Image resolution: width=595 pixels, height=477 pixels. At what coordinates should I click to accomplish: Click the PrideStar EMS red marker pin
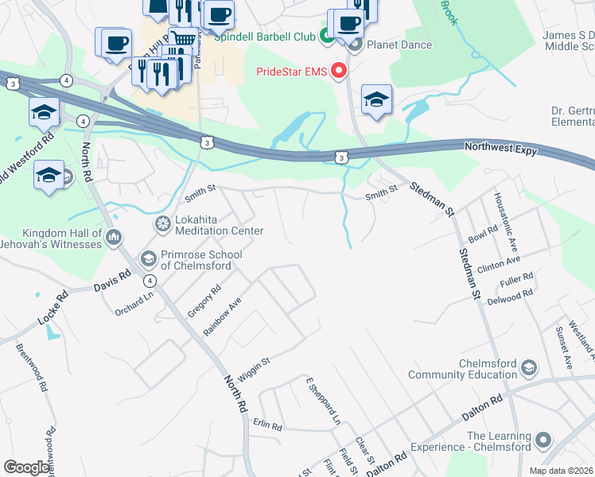click(339, 72)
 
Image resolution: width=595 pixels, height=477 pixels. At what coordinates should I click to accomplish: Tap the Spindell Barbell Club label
click(264, 37)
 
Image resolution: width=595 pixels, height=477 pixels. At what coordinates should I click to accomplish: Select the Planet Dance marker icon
click(354, 45)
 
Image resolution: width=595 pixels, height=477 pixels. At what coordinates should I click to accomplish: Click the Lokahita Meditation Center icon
click(163, 224)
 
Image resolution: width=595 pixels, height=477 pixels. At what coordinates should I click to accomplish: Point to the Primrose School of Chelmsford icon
click(148, 258)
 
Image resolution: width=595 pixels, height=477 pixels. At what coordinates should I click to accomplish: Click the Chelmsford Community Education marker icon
click(529, 368)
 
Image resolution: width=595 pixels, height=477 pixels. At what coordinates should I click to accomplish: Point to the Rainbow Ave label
click(222, 317)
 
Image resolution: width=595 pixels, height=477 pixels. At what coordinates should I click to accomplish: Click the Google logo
click(26, 467)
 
